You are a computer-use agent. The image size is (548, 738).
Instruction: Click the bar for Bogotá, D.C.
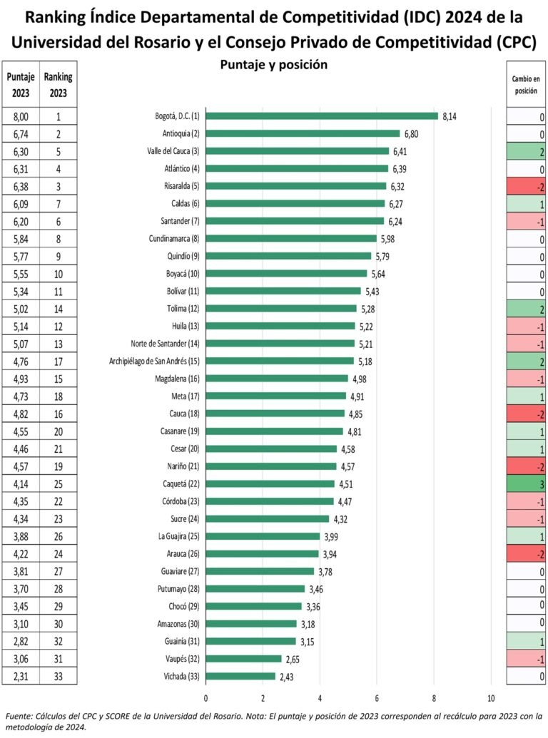point(321,116)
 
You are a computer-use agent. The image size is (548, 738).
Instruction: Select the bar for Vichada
point(240,676)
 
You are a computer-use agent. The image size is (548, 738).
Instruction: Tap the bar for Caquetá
point(270,483)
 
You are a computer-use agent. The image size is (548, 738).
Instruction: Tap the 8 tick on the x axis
point(434,698)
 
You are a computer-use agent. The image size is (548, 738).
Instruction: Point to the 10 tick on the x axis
point(491,698)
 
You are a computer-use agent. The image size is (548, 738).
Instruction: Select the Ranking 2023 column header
point(58,84)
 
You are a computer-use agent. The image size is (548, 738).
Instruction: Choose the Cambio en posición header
point(526,86)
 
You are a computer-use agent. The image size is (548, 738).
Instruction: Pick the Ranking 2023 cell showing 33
point(58,676)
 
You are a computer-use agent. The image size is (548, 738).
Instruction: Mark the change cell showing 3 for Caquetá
point(526,483)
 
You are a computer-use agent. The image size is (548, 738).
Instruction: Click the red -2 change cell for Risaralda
point(526,186)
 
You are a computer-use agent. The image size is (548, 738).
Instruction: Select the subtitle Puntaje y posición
point(273,65)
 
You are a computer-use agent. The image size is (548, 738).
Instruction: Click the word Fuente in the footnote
point(19,715)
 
